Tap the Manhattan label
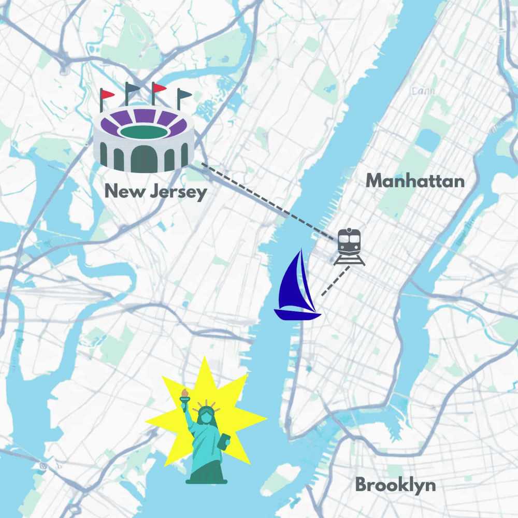click(x=415, y=181)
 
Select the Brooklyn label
click(x=395, y=485)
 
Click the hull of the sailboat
click(x=297, y=314)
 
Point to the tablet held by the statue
click(x=224, y=442)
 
